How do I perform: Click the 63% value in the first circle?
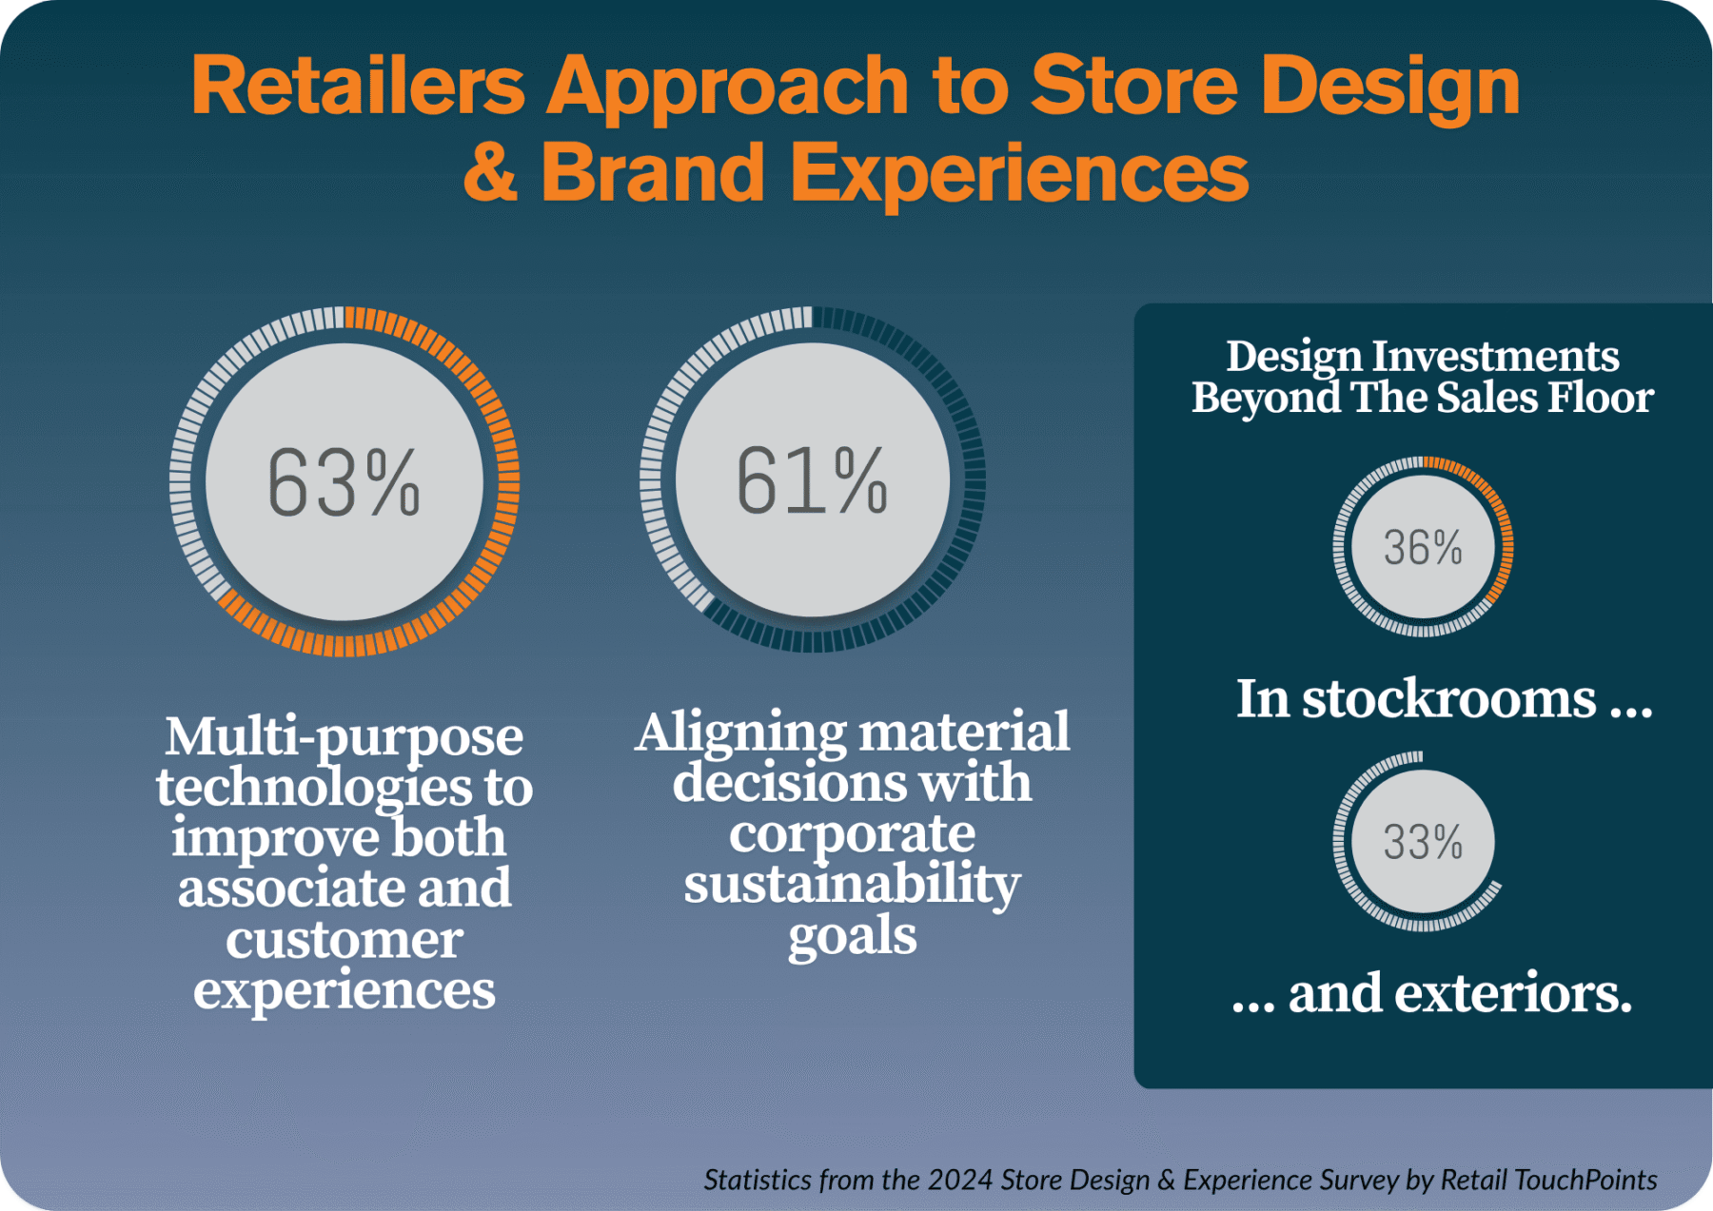pyautogui.click(x=344, y=483)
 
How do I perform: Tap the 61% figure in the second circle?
pyautogui.click(x=812, y=481)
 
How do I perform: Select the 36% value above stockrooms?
pyautogui.click(x=1423, y=548)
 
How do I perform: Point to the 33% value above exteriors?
pyautogui.click(x=1423, y=843)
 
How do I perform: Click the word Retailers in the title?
pyautogui.click(x=358, y=86)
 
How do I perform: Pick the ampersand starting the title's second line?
pyautogui.click(x=491, y=172)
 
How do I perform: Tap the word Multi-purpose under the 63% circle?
pyautogui.click(x=344, y=737)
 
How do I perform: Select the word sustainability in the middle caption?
pyautogui.click(x=852, y=884)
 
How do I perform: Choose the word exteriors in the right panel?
pyautogui.click(x=1512, y=994)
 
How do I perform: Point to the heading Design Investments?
pyautogui.click(x=1422, y=357)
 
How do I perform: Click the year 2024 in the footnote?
pyautogui.click(x=959, y=1180)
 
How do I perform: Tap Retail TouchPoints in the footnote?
pyautogui.click(x=1548, y=1180)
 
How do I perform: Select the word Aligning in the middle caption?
pyautogui.click(x=741, y=732)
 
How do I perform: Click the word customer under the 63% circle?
pyautogui.click(x=344, y=940)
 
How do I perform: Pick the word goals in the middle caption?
pyautogui.click(x=852, y=936)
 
